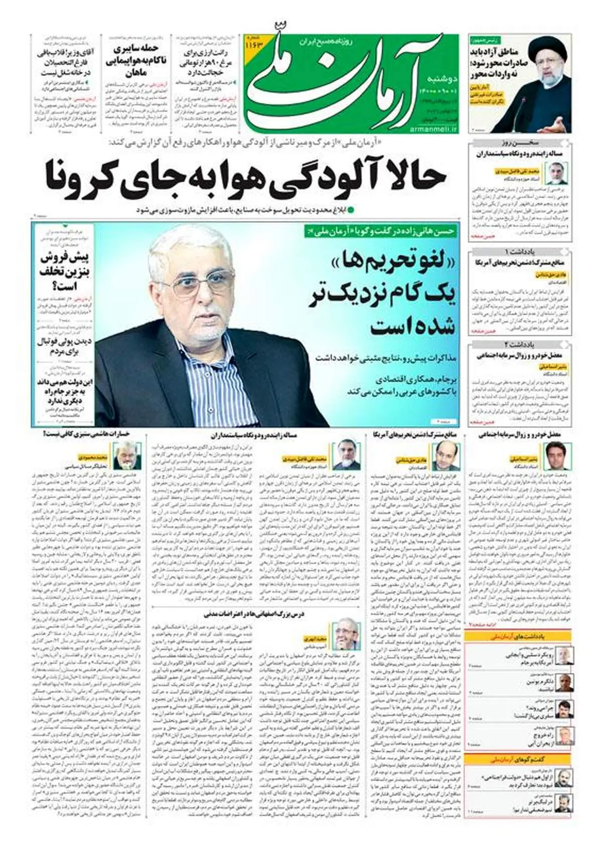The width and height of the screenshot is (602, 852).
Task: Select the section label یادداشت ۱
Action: [x=520, y=251]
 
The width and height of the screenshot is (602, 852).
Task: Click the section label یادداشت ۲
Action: [x=520, y=344]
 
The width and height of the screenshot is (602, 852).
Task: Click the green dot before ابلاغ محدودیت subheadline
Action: [x=351, y=209]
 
